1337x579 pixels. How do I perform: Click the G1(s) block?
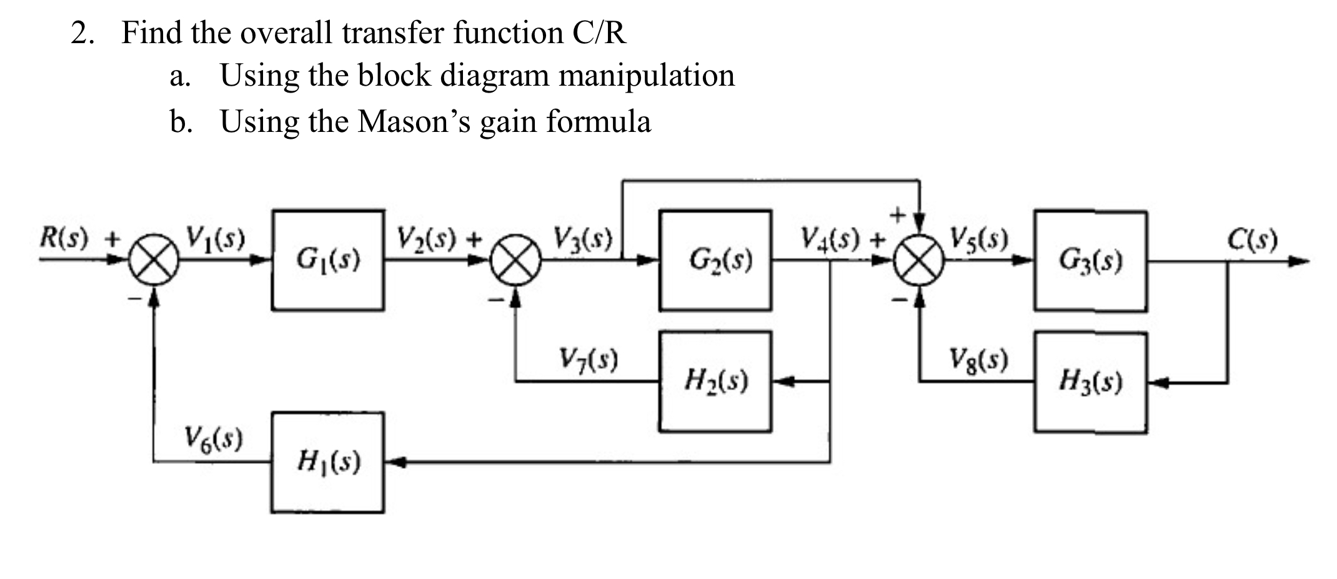[x=328, y=260]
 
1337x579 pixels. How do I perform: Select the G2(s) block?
[x=715, y=260]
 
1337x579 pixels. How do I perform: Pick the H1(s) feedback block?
[x=328, y=463]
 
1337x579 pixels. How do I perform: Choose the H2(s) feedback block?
[x=715, y=381]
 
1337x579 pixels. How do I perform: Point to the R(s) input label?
[x=64, y=238]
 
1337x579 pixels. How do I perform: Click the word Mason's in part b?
[x=414, y=121]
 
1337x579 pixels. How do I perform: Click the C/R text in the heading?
[x=599, y=33]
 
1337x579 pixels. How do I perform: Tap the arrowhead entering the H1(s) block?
[x=395, y=463]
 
